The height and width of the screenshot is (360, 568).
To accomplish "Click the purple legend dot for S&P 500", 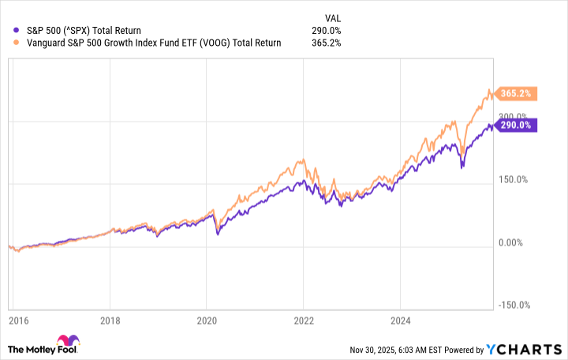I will pos(17,30).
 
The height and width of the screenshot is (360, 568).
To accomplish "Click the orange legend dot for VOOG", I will pos(17,43).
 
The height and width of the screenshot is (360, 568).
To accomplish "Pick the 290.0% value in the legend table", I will pos(326,30).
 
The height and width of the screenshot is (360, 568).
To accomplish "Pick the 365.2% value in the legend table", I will pos(326,43).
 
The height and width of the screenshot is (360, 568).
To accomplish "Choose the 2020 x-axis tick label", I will pos(206,322).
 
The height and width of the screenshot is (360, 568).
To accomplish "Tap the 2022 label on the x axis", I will pos(303,322).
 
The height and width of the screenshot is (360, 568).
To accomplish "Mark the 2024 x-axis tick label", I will pos(399,322).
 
